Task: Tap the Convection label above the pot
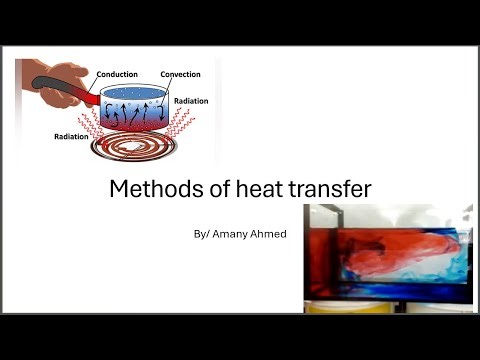pos(180,74)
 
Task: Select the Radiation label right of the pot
pos(191,101)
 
